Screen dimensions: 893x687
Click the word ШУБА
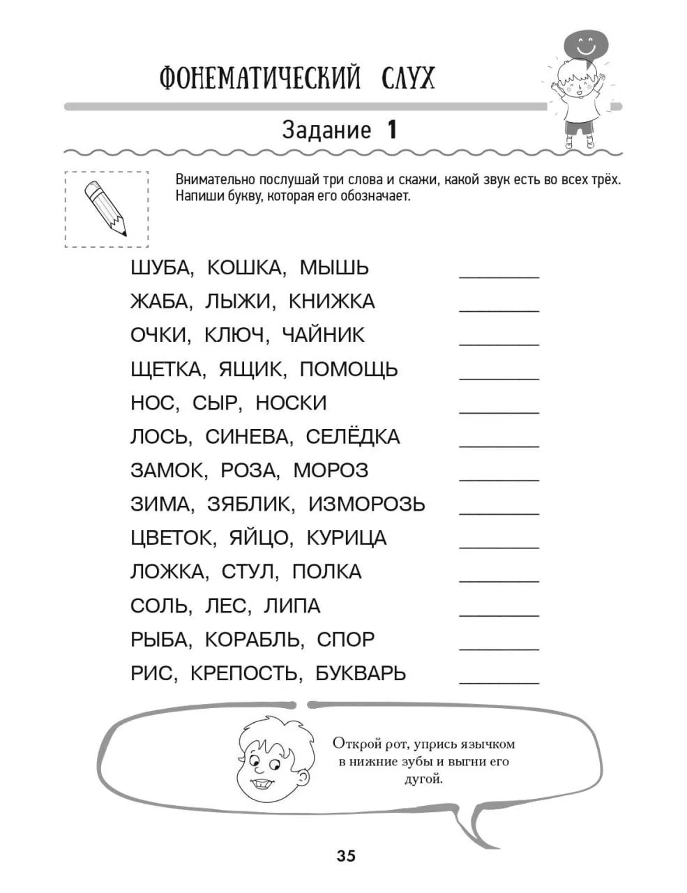(x=158, y=268)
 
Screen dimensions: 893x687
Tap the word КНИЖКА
(x=331, y=301)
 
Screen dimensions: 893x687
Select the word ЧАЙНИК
(x=323, y=335)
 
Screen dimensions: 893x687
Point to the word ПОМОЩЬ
(x=349, y=369)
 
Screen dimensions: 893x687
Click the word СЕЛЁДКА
(x=353, y=437)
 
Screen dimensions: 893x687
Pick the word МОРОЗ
(x=331, y=470)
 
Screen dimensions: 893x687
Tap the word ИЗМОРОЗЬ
(x=366, y=504)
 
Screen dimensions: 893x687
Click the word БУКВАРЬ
(x=361, y=673)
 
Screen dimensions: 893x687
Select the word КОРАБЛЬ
(x=255, y=639)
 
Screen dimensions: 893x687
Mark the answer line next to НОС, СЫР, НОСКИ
(x=499, y=412)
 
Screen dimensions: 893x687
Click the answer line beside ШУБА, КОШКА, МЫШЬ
(x=499, y=277)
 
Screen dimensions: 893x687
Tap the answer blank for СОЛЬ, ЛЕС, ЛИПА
(x=499, y=615)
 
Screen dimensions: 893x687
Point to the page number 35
(x=346, y=856)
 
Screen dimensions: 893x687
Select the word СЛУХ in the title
(x=408, y=78)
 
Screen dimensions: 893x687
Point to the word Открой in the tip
(x=356, y=743)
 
